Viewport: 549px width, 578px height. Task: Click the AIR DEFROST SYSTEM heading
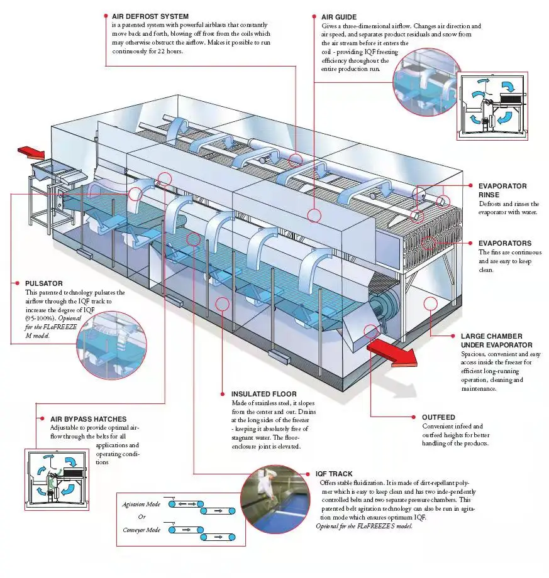tap(150, 16)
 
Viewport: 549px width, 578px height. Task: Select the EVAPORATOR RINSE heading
tap(502, 190)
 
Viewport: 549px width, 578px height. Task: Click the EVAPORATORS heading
tap(504, 243)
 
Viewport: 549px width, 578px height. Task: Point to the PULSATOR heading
tap(43, 283)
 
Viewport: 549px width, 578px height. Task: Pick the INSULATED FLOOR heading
tap(263, 394)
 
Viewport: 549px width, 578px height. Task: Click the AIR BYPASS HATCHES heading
tap(88, 418)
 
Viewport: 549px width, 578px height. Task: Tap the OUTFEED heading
tap(439, 417)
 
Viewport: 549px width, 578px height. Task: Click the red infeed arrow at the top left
tap(31, 152)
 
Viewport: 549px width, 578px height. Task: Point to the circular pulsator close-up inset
tap(111, 343)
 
